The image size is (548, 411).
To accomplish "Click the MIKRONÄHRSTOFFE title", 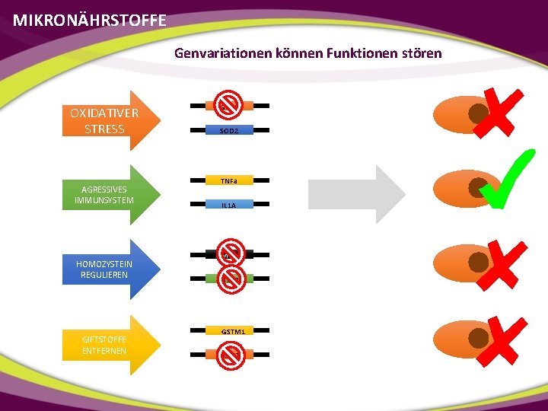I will pyautogui.click(x=89, y=21).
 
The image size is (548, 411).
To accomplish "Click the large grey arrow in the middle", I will pyautogui.click(x=358, y=194).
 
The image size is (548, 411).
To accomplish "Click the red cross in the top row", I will pyautogui.click(x=499, y=113).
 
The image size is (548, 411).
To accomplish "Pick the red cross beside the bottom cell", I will pyautogui.click(x=499, y=341).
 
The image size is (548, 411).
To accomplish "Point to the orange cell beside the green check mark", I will pyautogui.click(x=460, y=187).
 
